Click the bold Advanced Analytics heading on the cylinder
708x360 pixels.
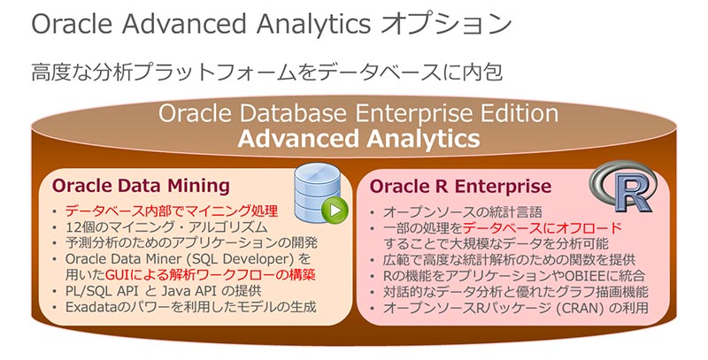coord(358,139)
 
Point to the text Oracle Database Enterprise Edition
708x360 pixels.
coord(358,114)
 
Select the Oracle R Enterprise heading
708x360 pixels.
coord(460,186)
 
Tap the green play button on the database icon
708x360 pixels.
coord(333,212)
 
